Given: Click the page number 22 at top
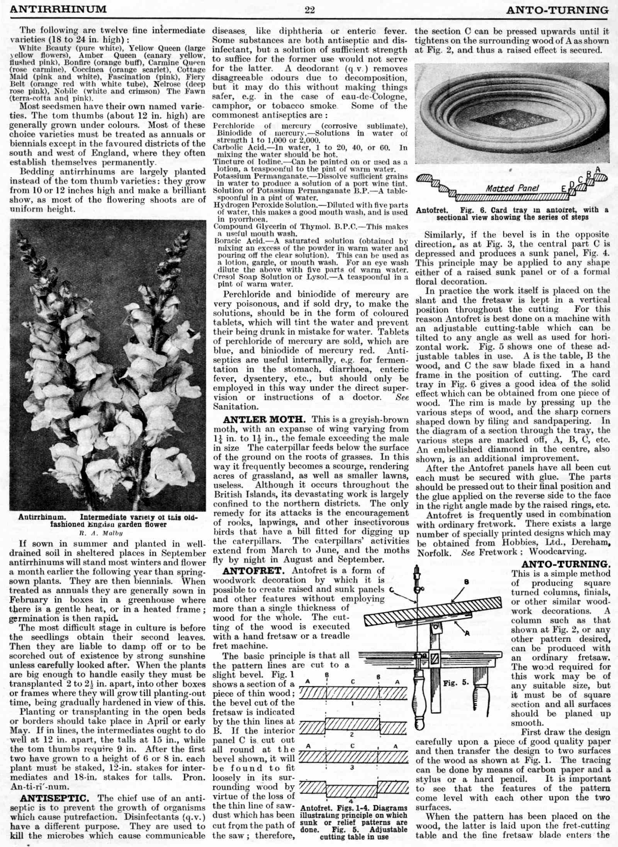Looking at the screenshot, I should click(x=309, y=10).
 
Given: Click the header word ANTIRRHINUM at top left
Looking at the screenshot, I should click(x=58, y=9).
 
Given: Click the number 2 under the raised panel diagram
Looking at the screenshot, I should click(x=351, y=735).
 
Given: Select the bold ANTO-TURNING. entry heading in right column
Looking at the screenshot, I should click(x=566, y=564).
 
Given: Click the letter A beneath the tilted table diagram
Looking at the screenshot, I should click(x=467, y=633).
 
